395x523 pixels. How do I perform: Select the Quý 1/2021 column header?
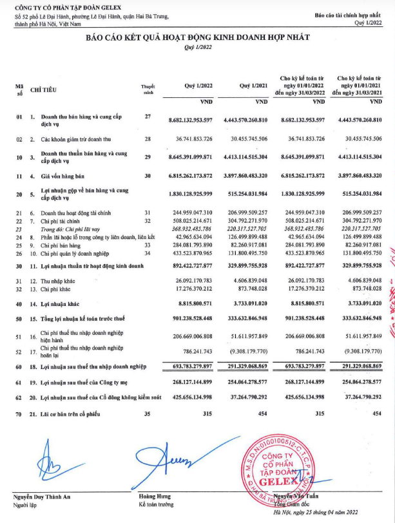[x=253, y=85]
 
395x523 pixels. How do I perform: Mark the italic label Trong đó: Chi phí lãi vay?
[x=73, y=229]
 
